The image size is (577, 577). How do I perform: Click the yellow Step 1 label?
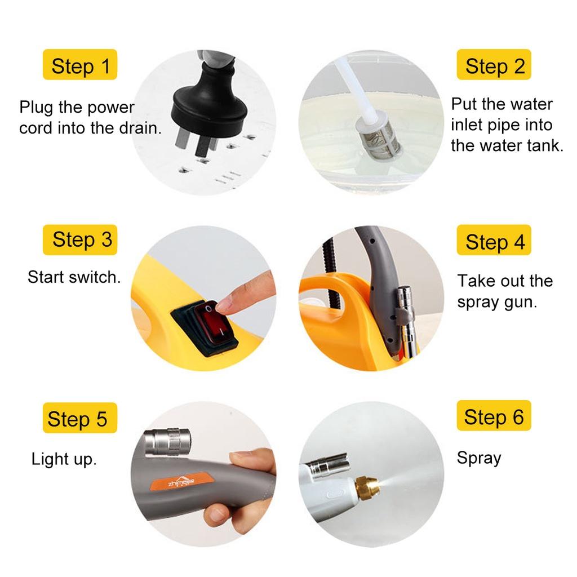point(80,64)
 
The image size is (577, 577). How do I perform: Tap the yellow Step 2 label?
point(494,64)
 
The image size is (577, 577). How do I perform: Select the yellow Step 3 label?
point(80,239)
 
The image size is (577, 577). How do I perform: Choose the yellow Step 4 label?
point(494,239)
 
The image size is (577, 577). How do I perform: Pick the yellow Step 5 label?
point(80,418)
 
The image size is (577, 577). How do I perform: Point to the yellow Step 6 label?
point(494,415)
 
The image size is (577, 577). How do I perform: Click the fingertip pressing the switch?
point(224,304)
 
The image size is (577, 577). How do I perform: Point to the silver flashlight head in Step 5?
point(168,442)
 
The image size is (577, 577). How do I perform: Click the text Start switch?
point(74,277)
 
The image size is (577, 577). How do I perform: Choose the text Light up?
point(64,459)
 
